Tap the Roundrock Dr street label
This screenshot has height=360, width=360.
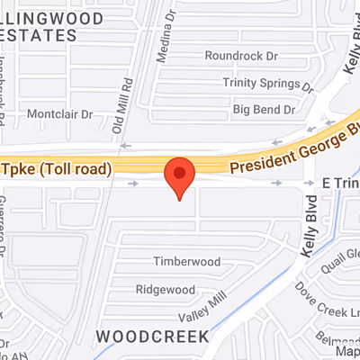pyautogui.click(x=241, y=56)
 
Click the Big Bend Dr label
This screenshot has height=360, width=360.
pyautogui.click(x=264, y=110)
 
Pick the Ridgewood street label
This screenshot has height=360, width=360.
pyautogui.click(x=165, y=290)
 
